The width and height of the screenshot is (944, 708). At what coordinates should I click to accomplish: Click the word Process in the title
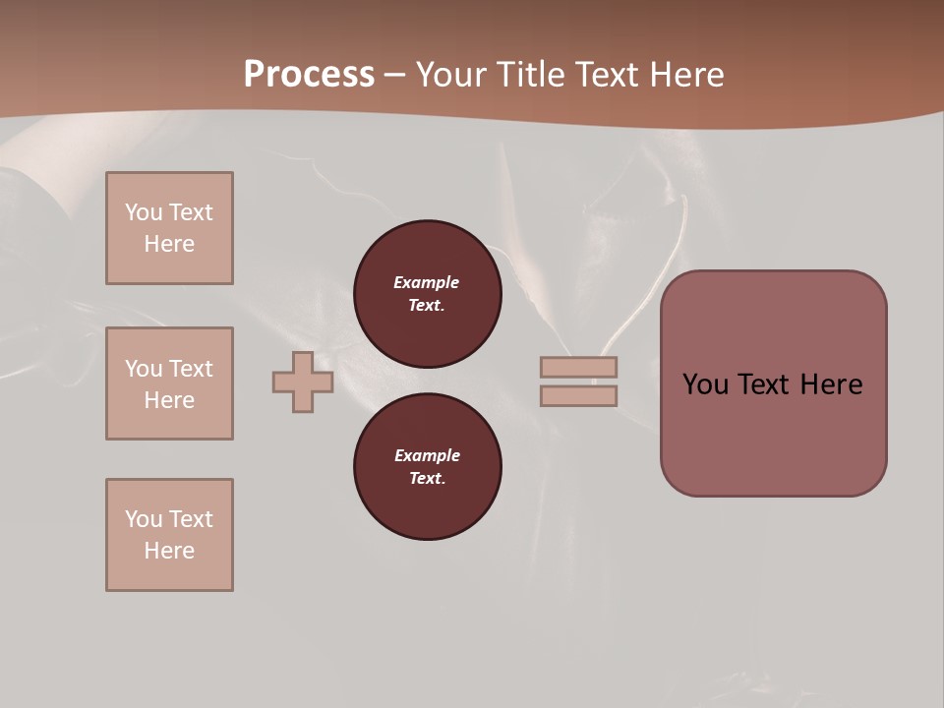click(x=309, y=75)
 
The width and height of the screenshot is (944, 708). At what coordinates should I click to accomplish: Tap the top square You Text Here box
click(x=169, y=228)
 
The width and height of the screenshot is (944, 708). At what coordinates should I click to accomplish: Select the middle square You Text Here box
click(x=169, y=383)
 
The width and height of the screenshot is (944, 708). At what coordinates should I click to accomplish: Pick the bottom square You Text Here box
click(x=169, y=535)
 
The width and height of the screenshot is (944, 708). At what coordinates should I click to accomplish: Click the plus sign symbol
click(x=303, y=383)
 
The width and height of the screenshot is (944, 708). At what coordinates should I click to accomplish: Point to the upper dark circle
click(x=428, y=294)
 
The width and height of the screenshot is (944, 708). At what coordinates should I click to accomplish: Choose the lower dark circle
click(x=428, y=467)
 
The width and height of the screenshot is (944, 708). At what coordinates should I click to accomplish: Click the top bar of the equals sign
click(x=578, y=368)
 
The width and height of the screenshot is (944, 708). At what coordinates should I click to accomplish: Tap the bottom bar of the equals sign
click(x=578, y=396)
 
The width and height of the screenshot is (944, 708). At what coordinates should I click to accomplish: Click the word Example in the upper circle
click(x=427, y=282)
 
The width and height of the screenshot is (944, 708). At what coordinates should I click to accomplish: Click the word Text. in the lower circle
click(x=427, y=479)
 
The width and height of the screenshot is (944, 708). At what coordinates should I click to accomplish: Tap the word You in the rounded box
click(x=706, y=384)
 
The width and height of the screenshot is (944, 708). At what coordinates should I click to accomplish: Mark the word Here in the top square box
click(x=169, y=244)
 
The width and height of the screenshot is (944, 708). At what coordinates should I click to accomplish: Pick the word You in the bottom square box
click(x=144, y=519)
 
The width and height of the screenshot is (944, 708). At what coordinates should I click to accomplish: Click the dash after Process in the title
click(x=395, y=76)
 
